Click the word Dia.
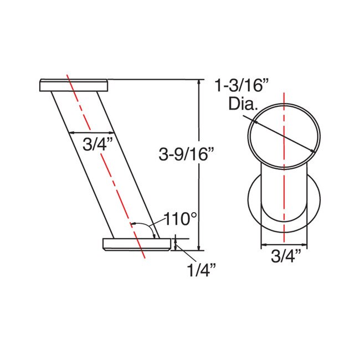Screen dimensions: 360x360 [x=243, y=104]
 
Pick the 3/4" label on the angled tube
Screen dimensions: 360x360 [x=97, y=145]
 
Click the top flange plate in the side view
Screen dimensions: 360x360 [x=73, y=85]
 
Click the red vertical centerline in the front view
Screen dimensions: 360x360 [x=284, y=183]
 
